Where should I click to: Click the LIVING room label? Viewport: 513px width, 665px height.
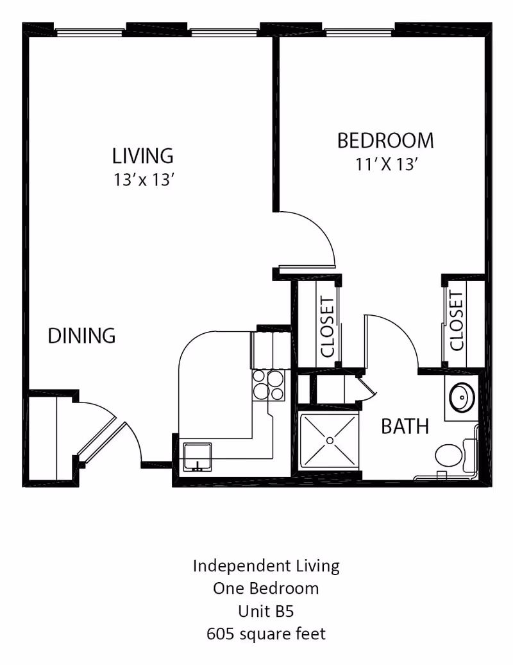click(x=142, y=155)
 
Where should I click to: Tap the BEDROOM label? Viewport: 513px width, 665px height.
click(x=385, y=140)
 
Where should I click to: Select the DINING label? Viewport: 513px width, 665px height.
click(x=82, y=336)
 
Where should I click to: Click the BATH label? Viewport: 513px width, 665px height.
click(x=405, y=426)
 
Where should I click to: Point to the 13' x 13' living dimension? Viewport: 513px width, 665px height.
click(x=144, y=180)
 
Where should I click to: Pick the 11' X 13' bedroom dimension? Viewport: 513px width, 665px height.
click(x=387, y=164)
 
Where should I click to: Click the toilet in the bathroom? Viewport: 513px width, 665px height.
click(x=449, y=456)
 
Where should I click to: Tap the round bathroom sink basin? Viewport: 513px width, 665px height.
click(x=462, y=398)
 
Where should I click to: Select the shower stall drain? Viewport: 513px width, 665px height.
click(x=330, y=440)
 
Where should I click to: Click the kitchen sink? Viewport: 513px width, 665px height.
click(x=199, y=457)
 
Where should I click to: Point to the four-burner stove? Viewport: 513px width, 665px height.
click(x=268, y=385)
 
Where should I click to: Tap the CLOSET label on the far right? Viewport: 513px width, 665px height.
click(x=457, y=321)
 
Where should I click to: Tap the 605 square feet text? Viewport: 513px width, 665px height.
click(x=265, y=634)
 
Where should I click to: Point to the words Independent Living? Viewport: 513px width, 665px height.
click(x=265, y=566)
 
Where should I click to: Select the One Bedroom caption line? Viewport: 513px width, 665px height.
click(x=265, y=588)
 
